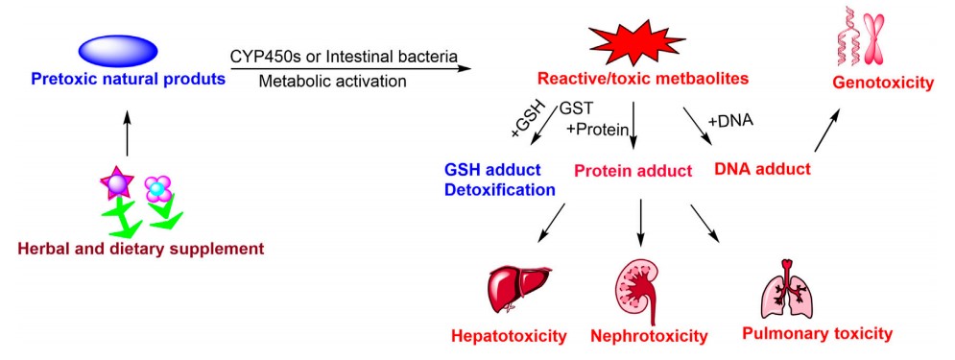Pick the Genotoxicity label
click(884, 84)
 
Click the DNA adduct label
click(763, 169)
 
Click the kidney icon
click(637, 290)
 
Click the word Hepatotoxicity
click(509, 336)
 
